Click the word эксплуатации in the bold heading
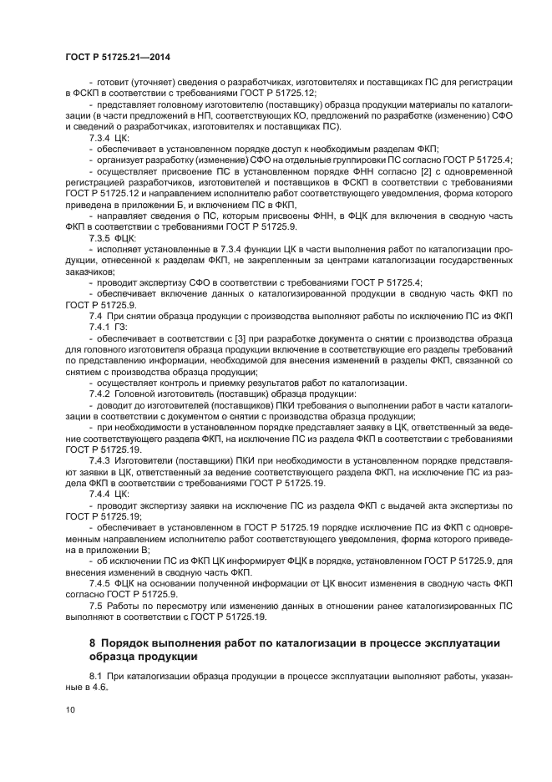click(x=456, y=642)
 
